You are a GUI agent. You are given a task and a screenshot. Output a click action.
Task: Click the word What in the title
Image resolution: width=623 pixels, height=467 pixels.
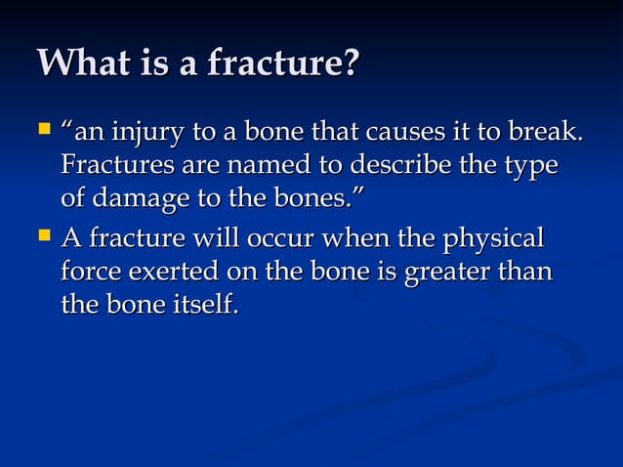[x=81, y=64]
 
